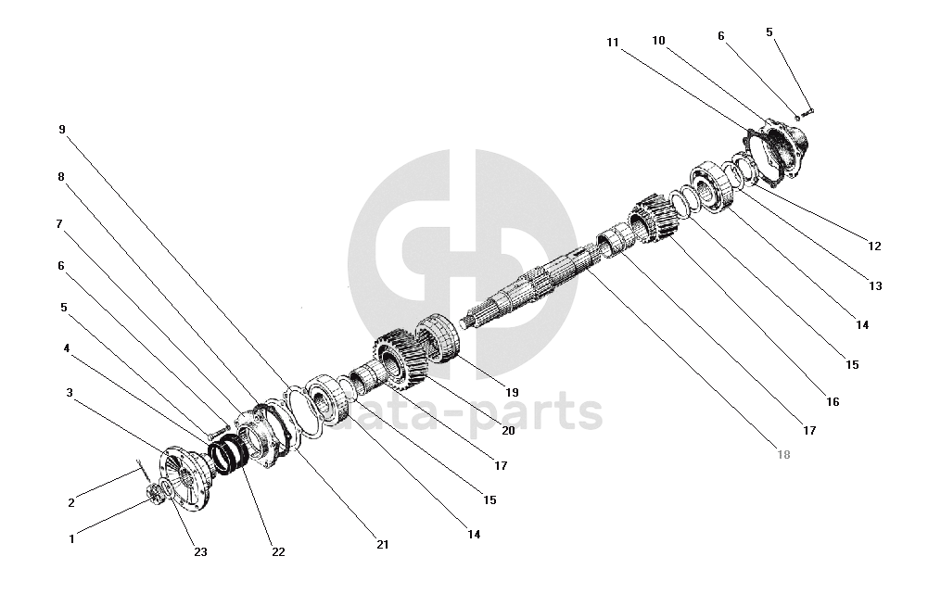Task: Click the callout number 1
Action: coord(71,537)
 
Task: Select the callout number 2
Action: coord(71,503)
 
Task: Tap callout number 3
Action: coord(70,392)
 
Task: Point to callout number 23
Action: coord(200,552)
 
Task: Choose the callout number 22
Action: coord(278,552)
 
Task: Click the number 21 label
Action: coord(383,545)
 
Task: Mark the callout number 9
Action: coord(61,130)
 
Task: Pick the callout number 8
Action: coord(61,176)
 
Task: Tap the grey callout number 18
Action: coord(785,456)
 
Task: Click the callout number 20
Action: coord(508,429)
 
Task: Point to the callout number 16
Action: coord(832,402)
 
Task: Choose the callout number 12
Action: coord(874,246)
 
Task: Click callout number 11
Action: coord(612,43)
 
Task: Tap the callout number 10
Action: coord(659,41)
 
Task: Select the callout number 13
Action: coord(874,286)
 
